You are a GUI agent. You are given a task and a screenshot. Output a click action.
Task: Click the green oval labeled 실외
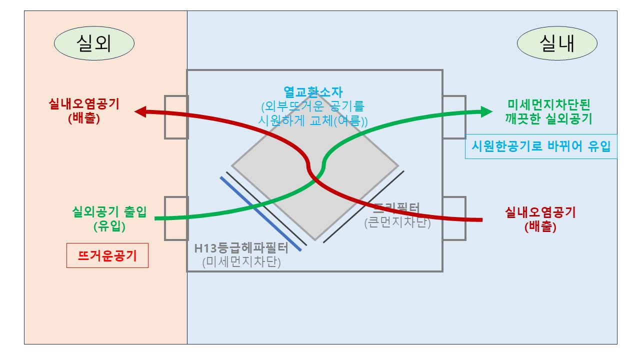pyautogui.click(x=94, y=44)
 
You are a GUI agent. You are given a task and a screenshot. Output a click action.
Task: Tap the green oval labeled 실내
pyautogui.click(x=557, y=44)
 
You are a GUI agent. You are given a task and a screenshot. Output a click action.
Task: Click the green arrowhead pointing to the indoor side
pyautogui.click(x=486, y=111)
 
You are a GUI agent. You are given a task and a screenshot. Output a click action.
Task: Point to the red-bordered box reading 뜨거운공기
pyautogui.click(x=107, y=256)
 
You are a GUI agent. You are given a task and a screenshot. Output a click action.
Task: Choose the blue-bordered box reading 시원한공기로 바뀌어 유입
pyautogui.click(x=541, y=146)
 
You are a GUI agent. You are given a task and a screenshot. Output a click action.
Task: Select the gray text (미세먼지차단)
pyautogui.click(x=241, y=262)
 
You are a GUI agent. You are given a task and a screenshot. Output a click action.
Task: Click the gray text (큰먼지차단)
pyautogui.click(x=397, y=222)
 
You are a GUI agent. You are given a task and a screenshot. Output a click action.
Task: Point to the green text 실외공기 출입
pyautogui.click(x=109, y=212)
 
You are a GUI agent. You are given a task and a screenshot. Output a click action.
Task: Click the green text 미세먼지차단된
pyautogui.click(x=548, y=105)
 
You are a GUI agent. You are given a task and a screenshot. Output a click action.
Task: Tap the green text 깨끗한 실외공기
pyautogui.click(x=548, y=119)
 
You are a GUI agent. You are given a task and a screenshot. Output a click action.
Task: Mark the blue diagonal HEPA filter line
pyautogui.click(x=263, y=213)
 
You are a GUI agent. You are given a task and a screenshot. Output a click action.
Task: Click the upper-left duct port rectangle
pyautogui.click(x=176, y=116)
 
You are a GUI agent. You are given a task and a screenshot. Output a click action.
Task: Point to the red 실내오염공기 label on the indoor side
pyautogui.click(x=540, y=212)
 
